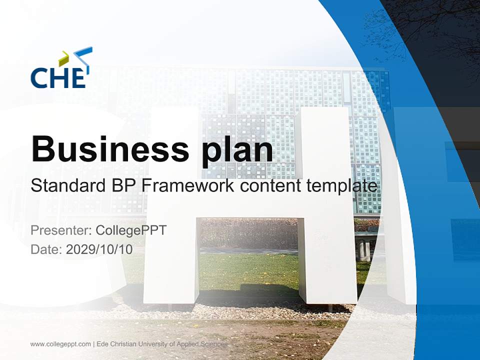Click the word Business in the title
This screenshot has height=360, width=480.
tap(106, 148)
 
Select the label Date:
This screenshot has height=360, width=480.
tap(46, 249)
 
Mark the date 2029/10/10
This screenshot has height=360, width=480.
tap(99, 249)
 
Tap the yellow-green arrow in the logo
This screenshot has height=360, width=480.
tap(64, 58)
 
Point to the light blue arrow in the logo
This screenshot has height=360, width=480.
tap(84, 55)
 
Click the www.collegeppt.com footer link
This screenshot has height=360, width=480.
tap(60, 344)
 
